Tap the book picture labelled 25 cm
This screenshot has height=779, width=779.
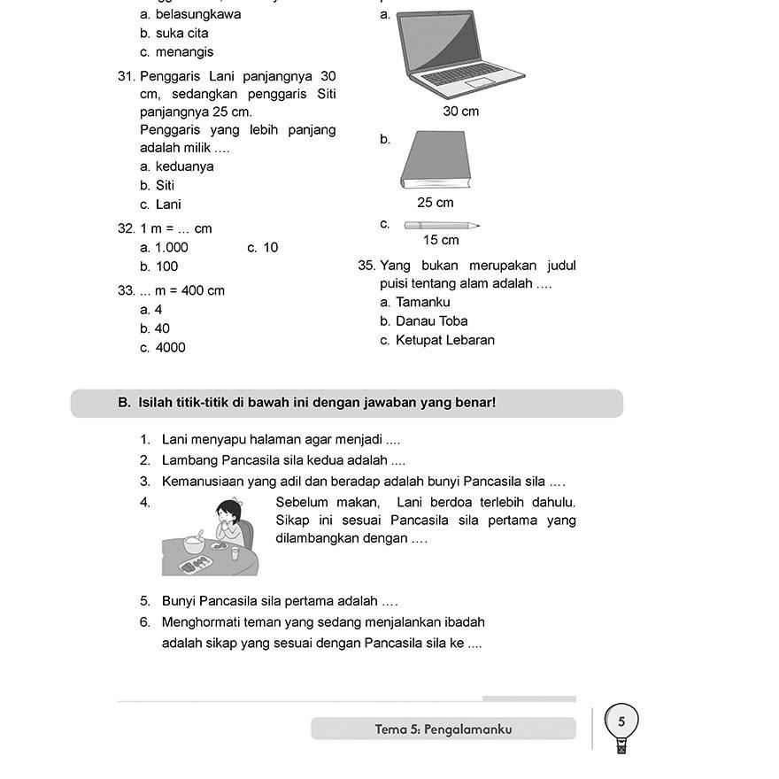[x=436, y=160]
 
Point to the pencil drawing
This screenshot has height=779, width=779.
[x=442, y=226]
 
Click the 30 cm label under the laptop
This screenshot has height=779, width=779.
[x=461, y=112]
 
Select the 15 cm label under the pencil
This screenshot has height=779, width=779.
[x=441, y=241]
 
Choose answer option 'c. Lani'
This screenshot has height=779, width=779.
[x=160, y=204]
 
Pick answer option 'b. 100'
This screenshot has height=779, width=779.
[x=159, y=266]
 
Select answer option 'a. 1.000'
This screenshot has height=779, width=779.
[x=164, y=248]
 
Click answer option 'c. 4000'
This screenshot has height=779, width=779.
[x=163, y=348]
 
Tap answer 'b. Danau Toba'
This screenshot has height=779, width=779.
[x=424, y=321]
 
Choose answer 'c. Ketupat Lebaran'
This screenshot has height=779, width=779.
[x=437, y=341]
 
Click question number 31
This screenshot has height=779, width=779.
[x=127, y=77]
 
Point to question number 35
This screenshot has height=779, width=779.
[x=367, y=266]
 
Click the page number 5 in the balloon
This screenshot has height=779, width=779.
[x=621, y=721]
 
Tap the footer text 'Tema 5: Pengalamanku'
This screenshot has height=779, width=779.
[x=443, y=729]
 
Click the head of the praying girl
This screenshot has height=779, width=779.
[x=229, y=513]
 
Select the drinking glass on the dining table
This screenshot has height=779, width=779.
[x=235, y=553]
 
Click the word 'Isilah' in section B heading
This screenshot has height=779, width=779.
[x=156, y=403]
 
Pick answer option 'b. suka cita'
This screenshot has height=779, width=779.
[x=174, y=34]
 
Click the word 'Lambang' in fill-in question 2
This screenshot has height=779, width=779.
[x=189, y=460]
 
